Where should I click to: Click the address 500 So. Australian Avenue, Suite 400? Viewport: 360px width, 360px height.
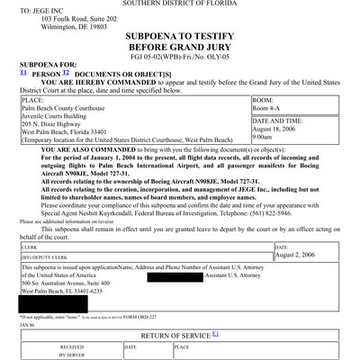click(x=78, y=283)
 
